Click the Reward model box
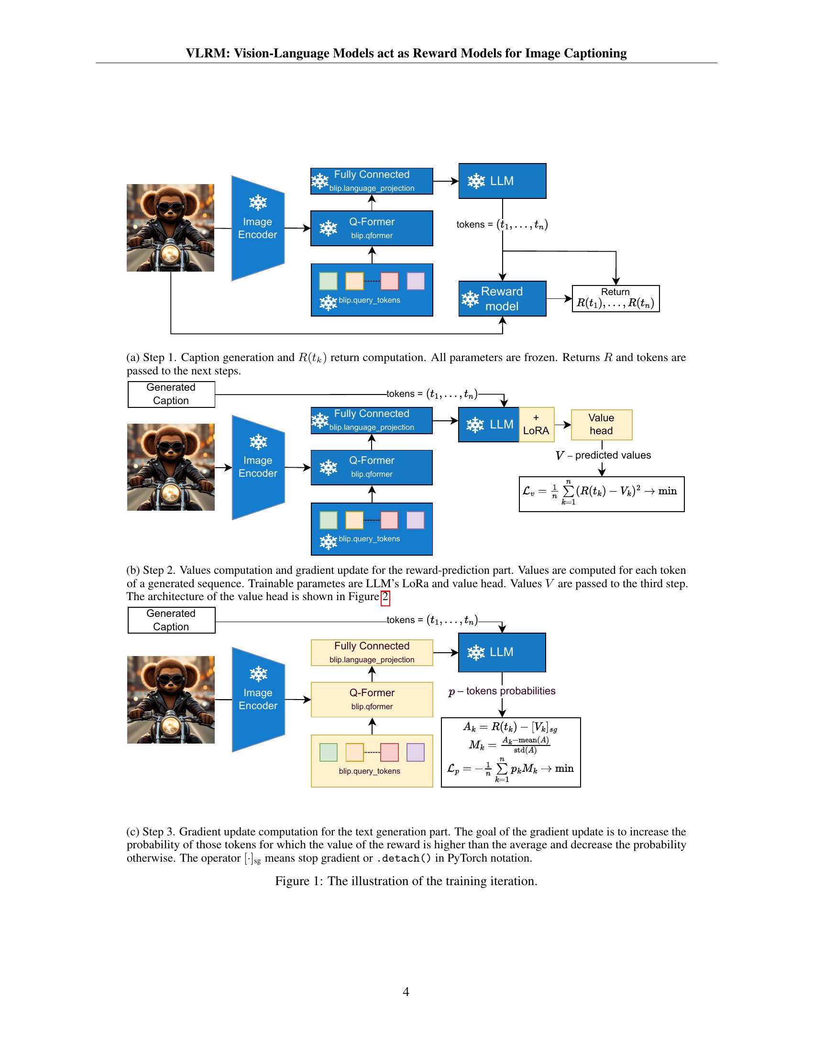click(x=502, y=299)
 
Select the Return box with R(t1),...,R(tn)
click(x=615, y=299)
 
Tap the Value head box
click(x=601, y=424)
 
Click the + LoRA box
click(x=536, y=424)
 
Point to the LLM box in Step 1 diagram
click(x=502, y=181)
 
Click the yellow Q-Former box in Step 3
click(x=371, y=699)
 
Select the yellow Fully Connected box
click(x=371, y=652)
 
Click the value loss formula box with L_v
click(x=601, y=494)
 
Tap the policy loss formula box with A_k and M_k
click(x=511, y=752)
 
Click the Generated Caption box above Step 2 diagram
click(x=171, y=394)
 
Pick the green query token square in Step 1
click(x=328, y=281)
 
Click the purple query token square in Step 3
click(x=415, y=752)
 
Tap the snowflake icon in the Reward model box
click(x=470, y=299)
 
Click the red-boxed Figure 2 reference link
click(x=385, y=597)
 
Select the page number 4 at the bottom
click(x=406, y=991)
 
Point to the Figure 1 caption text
click(x=406, y=881)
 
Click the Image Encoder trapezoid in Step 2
click(x=258, y=467)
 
